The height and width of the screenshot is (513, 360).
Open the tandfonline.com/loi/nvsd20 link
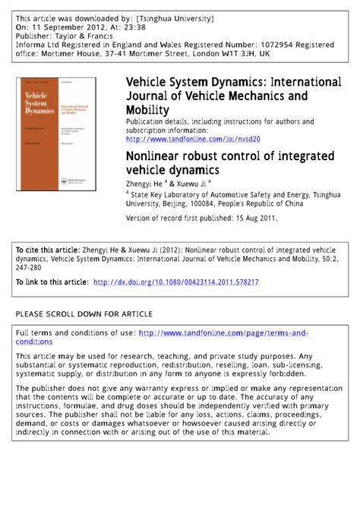pos(193,139)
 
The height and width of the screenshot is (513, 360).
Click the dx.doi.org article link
pos(175,282)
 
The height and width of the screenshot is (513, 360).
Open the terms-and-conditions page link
pos(225,333)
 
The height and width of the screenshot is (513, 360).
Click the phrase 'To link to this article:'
pos(52,282)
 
